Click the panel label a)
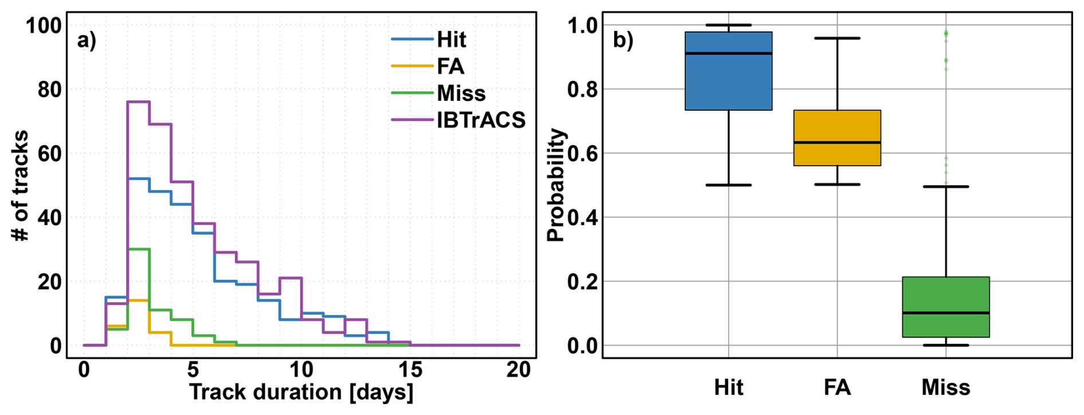tap(87, 41)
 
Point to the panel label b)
tap(623, 41)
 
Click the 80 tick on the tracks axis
tap(49, 89)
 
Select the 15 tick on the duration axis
tap(410, 371)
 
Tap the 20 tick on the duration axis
tap(519, 371)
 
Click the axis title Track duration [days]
tap(301, 393)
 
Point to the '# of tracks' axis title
tap(20, 186)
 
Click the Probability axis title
tap(555, 186)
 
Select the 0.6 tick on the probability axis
tap(582, 154)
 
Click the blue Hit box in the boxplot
tap(728, 80)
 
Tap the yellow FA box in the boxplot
tap(836, 138)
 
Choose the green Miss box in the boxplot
tap(945, 307)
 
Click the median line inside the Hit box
tap(728, 53)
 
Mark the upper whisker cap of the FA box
tap(837, 38)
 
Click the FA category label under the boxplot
tap(836, 388)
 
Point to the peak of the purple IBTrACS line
tap(138, 101)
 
